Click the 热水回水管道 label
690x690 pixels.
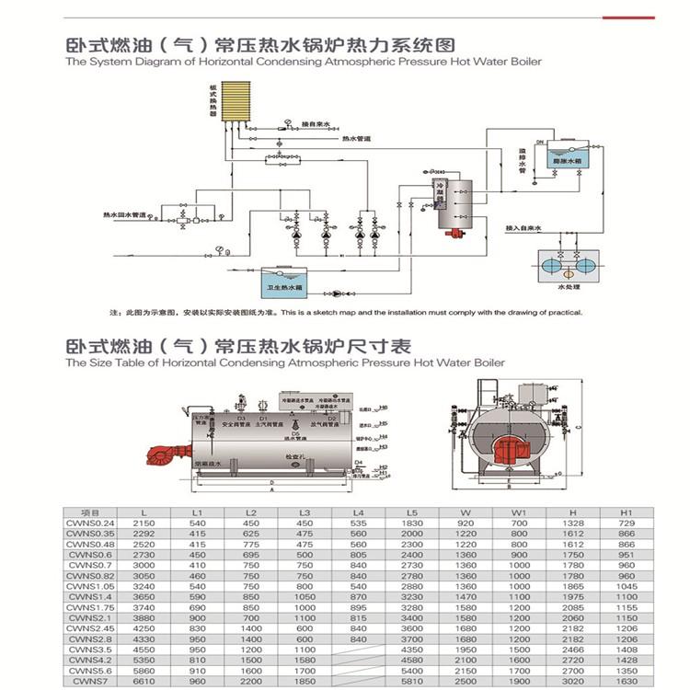[126, 213]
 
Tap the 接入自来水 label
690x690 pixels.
[526, 226]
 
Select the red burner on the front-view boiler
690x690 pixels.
[506, 452]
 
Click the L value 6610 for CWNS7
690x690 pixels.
[143, 682]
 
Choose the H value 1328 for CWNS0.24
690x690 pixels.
[572, 522]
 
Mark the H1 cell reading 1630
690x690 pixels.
[627, 682]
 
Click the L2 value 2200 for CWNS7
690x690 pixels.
[250, 682]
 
